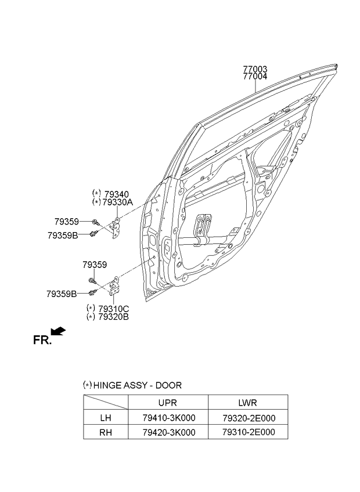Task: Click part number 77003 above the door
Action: pyautogui.click(x=255, y=69)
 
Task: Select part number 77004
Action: pyautogui.click(x=255, y=76)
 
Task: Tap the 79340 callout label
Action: pyautogui.click(x=117, y=194)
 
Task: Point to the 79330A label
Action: pyautogui.click(x=117, y=202)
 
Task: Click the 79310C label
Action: pyautogui.click(x=113, y=309)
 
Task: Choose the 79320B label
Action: pyautogui.click(x=113, y=317)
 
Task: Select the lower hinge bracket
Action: pyautogui.click(x=114, y=286)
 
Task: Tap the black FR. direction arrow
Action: pyautogui.click(x=58, y=331)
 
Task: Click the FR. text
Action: pyautogui.click(x=42, y=341)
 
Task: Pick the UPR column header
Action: pyautogui.click(x=168, y=403)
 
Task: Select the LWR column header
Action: pyautogui.click(x=248, y=403)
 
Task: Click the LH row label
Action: pyautogui.click(x=106, y=418)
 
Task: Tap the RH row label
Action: pyautogui.click(x=106, y=432)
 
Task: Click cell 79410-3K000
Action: pyautogui.click(x=169, y=418)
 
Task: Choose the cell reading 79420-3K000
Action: pyautogui.click(x=169, y=432)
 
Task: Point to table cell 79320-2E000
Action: pyautogui.click(x=249, y=418)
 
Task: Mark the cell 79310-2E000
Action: pyautogui.click(x=249, y=432)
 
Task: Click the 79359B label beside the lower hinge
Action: pyautogui.click(x=62, y=294)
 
